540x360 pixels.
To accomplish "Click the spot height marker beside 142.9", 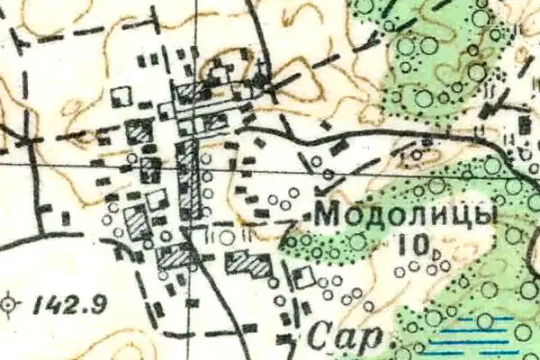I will point(10,304).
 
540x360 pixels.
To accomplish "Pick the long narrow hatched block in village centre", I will point(188,177).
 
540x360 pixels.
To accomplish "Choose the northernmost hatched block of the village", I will point(190,92).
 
